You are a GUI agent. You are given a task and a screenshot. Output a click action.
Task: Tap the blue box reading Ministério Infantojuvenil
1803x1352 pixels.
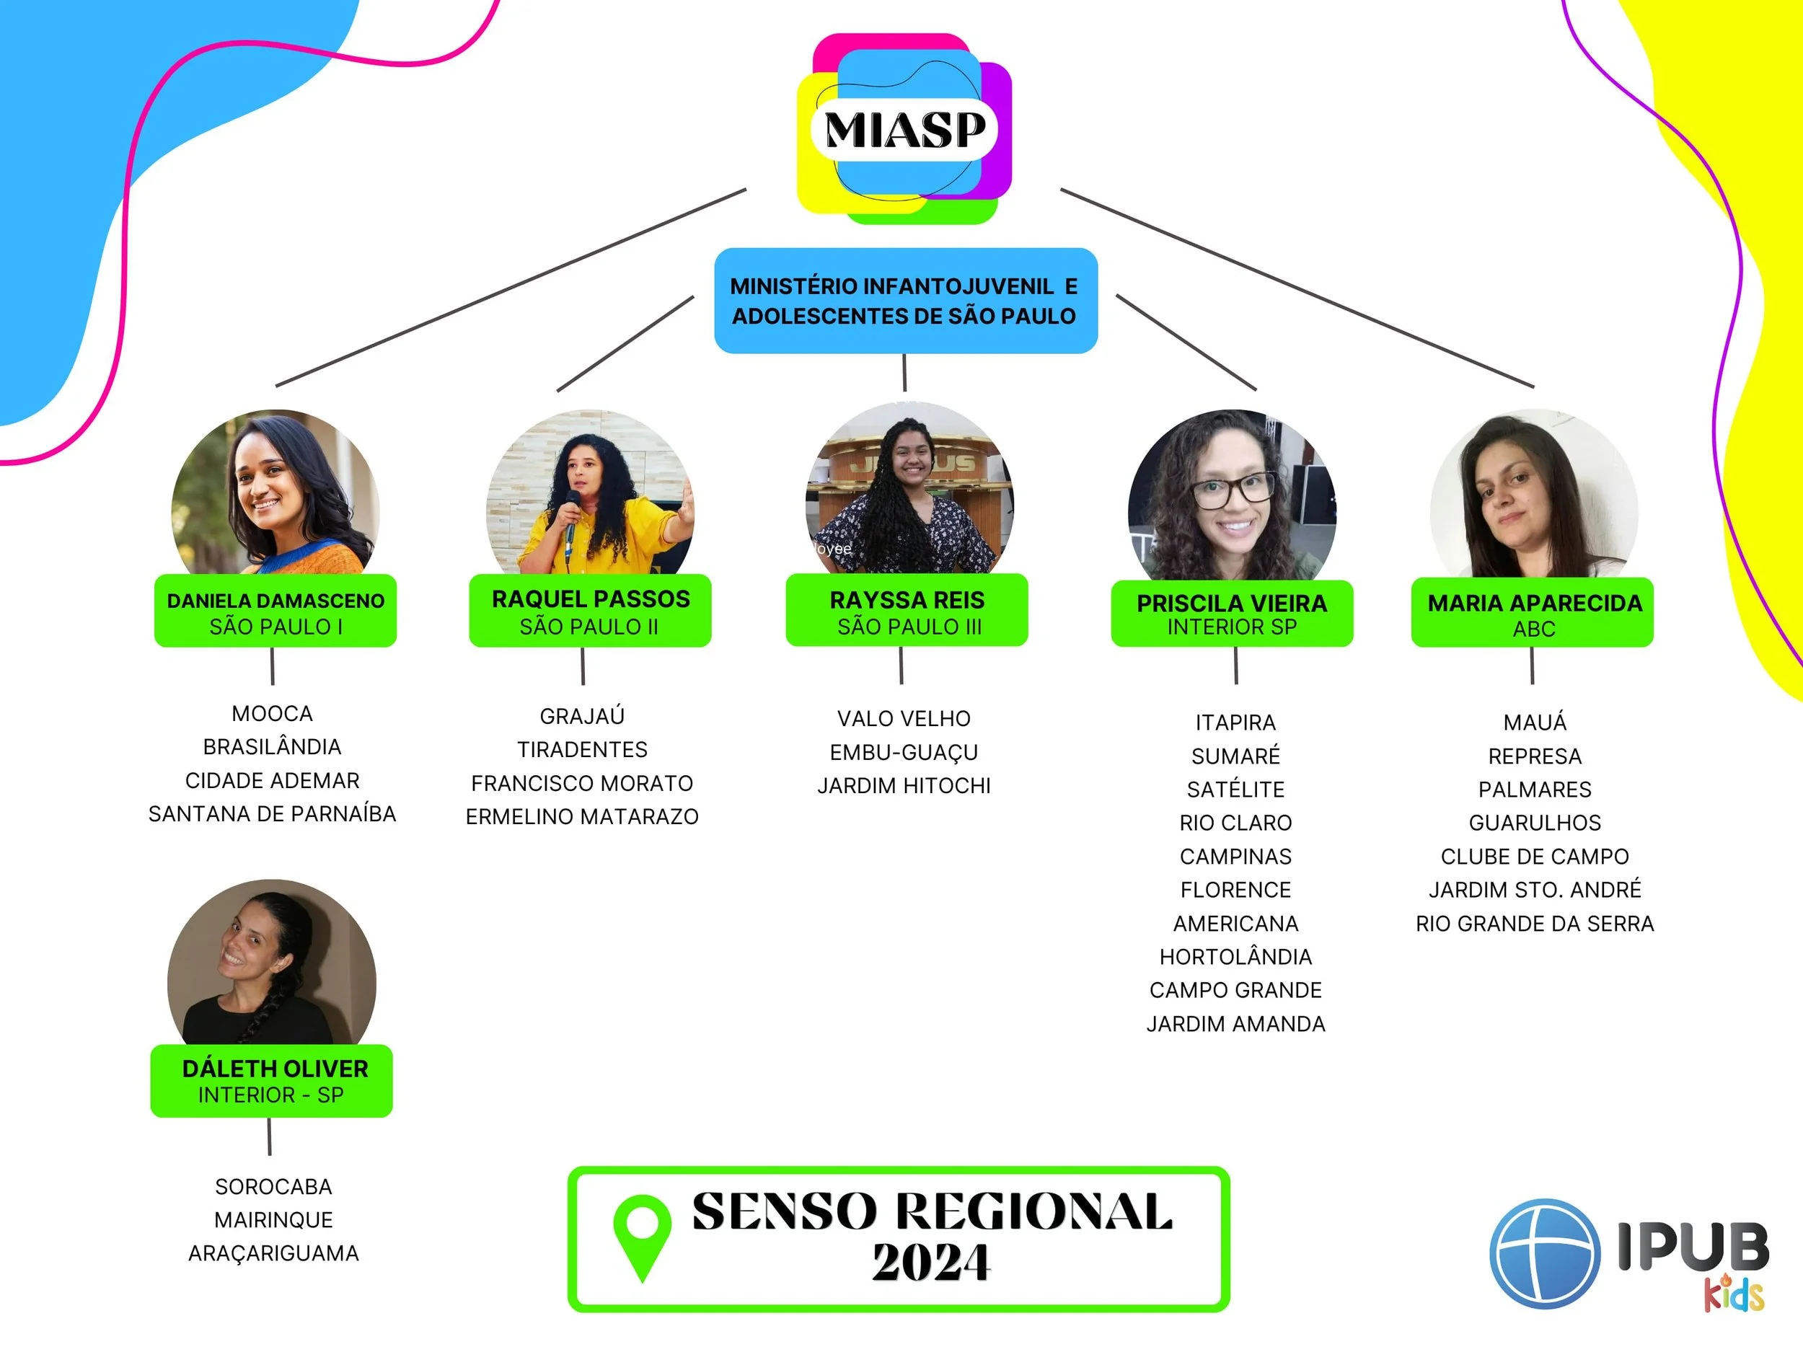[905, 301]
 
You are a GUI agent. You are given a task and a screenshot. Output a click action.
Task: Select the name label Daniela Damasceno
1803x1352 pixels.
[275, 611]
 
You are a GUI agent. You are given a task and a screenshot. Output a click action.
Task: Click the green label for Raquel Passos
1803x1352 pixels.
[590, 611]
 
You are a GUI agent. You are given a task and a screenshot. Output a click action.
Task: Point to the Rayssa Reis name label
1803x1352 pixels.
[907, 611]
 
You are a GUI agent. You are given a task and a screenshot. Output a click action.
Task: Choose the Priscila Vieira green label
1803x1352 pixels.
[1232, 614]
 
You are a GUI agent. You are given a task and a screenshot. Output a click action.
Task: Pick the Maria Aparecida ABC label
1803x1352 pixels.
[1533, 614]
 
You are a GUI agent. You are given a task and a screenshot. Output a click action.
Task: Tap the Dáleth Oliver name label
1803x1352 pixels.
[272, 1081]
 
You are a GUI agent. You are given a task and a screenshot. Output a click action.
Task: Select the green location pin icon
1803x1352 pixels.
[643, 1235]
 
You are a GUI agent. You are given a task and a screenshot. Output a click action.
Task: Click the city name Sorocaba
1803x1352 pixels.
[273, 1187]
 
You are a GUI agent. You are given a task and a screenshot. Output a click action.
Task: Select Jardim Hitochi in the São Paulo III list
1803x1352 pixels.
[904, 786]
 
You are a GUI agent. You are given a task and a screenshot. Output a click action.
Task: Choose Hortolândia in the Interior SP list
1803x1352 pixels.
[1235, 957]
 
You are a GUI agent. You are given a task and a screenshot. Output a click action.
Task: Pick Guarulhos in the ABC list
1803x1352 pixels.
[1534, 823]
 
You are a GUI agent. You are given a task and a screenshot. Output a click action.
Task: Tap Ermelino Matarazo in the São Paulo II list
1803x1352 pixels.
[582, 816]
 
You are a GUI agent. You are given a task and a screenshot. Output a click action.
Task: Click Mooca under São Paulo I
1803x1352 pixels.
[272, 714]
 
